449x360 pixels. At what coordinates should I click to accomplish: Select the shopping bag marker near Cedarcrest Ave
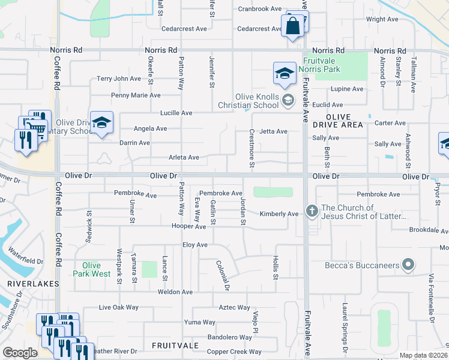[x=292, y=28]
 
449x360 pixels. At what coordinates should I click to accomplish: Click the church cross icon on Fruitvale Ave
[x=312, y=211]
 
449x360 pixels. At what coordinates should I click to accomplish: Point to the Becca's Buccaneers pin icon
[x=409, y=264]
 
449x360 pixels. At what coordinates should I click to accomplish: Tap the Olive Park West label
[x=92, y=269]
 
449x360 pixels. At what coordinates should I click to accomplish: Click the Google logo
[x=20, y=352]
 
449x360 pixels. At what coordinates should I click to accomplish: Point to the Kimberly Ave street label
[x=279, y=214]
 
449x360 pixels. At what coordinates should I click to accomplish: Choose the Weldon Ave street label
[x=175, y=292]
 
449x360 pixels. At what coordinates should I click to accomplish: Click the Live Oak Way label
[x=118, y=308]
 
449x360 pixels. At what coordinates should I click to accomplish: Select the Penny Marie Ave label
[x=136, y=95]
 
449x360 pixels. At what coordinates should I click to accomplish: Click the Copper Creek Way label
[x=234, y=352]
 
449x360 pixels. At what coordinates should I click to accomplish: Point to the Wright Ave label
[x=382, y=19]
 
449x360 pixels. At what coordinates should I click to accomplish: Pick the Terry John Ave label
[x=119, y=79]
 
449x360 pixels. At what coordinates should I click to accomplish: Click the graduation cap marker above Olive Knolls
[x=285, y=74]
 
